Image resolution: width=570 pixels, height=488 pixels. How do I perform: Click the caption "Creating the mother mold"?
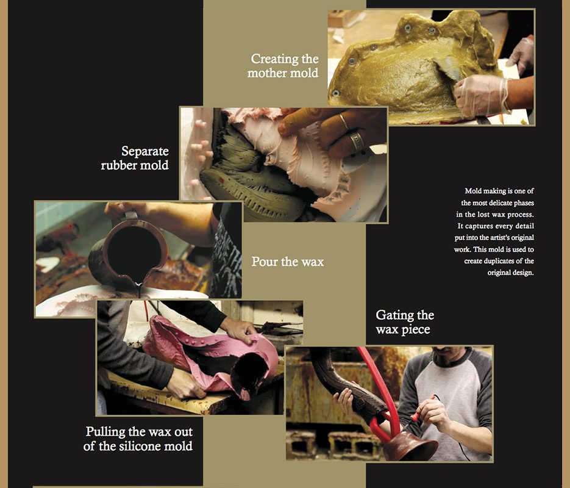(284, 66)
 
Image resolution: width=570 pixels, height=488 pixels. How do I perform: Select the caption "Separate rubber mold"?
(135, 157)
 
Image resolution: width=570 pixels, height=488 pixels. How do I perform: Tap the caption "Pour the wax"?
(288, 262)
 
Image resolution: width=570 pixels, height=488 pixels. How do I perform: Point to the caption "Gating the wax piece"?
(405, 322)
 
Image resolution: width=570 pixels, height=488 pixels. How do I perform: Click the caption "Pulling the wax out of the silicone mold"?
(139, 439)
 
